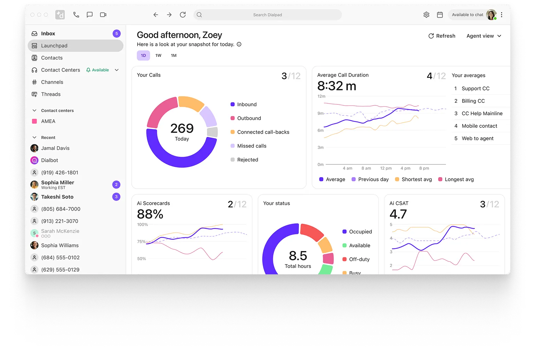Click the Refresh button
[x=442, y=36]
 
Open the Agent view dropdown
[x=484, y=36]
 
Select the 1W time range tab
[x=158, y=55]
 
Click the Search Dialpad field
[x=267, y=15]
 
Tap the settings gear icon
[x=426, y=15]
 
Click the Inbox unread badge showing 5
[x=117, y=34]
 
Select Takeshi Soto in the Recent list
[x=57, y=197]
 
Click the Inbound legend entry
[x=247, y=104]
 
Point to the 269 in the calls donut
[x=182, y=128]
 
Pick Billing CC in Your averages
[x=473, y=101]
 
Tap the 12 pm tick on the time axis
[x=386, y=168]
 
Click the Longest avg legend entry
[x=459, y=179]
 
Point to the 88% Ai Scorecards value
[x=150, y=214]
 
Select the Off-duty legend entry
[x=359, y=259]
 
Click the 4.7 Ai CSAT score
[x=398, y=214]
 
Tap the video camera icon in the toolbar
[x=103, y=15]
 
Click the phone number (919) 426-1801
[x=59, y=173]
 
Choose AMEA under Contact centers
[x=48, y=121]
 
